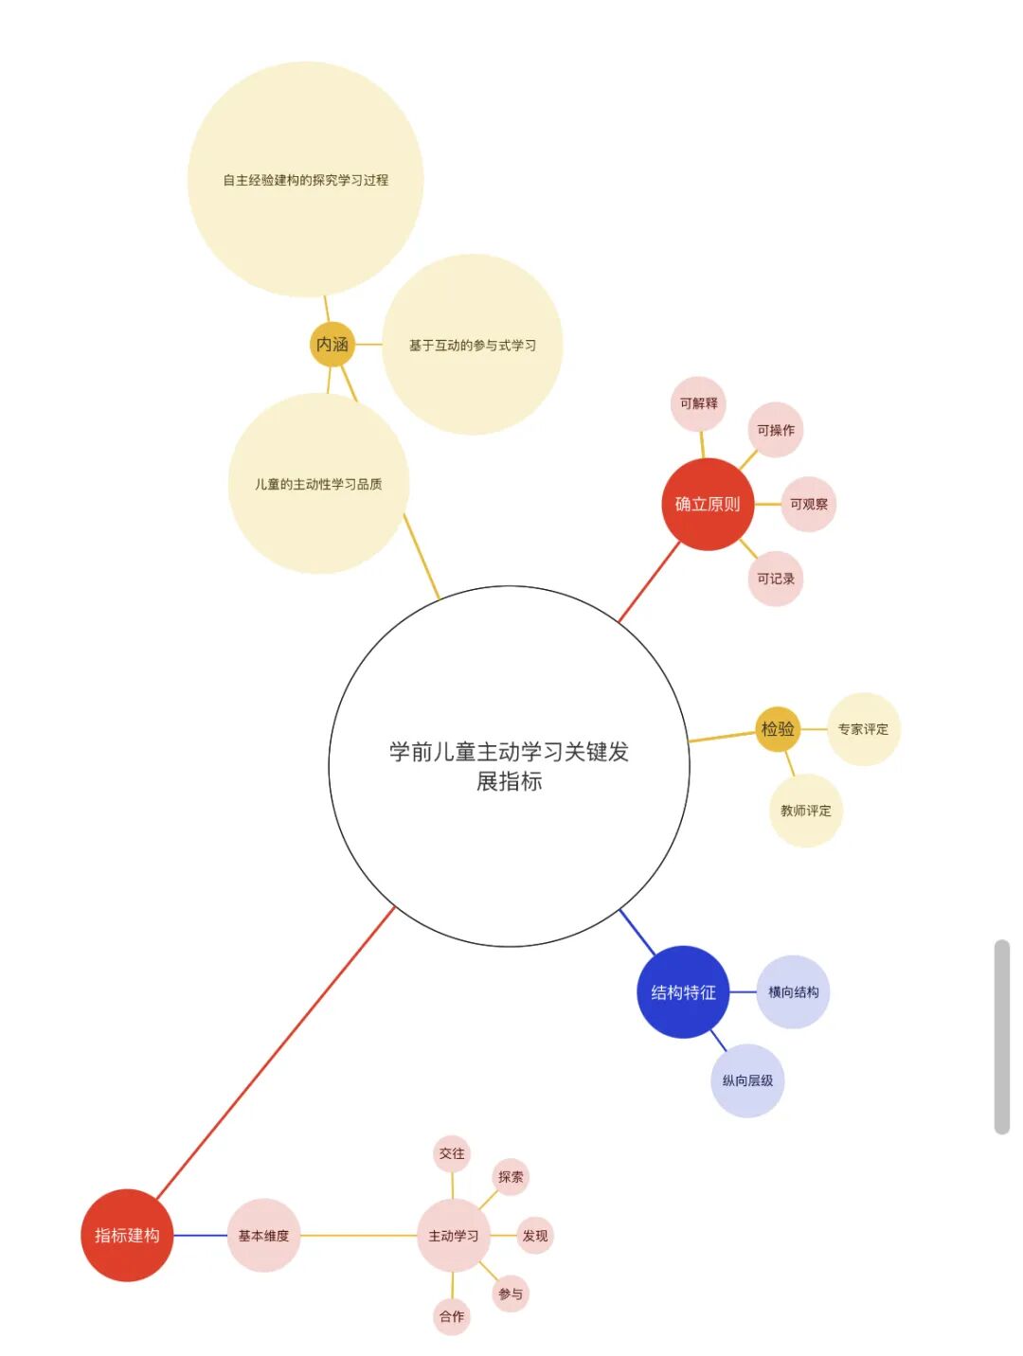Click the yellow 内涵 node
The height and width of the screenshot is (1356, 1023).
[x=332, y=344]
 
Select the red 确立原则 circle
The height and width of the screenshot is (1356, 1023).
[x=708, y=504]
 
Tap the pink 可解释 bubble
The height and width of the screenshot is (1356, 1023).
[x=699, y=403]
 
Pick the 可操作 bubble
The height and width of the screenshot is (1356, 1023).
[x=776, y=430]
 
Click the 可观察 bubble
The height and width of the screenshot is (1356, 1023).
[x=809, y=504]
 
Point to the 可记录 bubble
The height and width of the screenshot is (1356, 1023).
[x=776, y=579]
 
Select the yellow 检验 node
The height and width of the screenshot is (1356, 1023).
[x=778, y=729]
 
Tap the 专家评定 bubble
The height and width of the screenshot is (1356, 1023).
[x=863, y=729]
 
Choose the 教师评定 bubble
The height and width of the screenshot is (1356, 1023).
[x=805, y=811]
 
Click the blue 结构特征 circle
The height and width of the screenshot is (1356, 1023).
[x=683, y=992]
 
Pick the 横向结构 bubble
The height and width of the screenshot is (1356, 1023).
[x=794, y=992]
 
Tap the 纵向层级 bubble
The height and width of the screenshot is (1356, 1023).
[x=747, y=1080]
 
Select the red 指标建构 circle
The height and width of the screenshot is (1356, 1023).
[x=127, y=1235]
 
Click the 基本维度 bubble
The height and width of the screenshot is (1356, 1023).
[x=263, y=1235]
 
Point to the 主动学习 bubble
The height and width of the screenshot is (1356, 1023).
[x=453, y=1235]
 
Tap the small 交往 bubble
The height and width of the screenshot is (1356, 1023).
[x=452, y=1153]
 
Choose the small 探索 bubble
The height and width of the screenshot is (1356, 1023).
[x=511, y=1177]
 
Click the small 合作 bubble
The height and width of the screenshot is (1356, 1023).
[x=452, y=1316]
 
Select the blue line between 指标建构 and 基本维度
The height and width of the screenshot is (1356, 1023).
[x=200, y=1235]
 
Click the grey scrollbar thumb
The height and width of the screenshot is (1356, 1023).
[x=1002, y=1037]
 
